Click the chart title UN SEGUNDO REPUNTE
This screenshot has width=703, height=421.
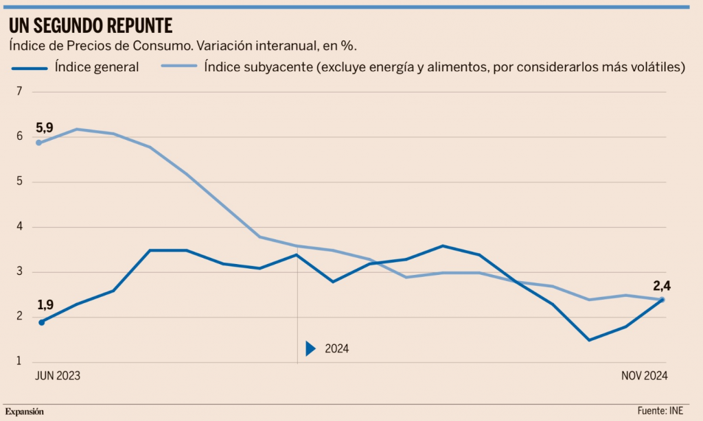tap(90, 25)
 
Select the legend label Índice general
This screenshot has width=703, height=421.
tap(97, 67)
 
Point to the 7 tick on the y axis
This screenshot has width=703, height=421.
tap(19, 92)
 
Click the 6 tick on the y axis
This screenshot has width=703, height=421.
tap(19, 137)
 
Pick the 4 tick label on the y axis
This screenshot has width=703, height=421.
tap(19, 227)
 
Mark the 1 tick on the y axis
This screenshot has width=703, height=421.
tap(19, 362)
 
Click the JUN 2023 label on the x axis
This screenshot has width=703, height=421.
tap(58, 376)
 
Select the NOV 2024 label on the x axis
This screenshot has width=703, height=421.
tap(644, 376)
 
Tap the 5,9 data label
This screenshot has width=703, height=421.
tap(45, 128)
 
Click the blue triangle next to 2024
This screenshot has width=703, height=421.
tap(310, 348)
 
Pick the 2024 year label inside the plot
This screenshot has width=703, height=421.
tap(336, 348)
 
